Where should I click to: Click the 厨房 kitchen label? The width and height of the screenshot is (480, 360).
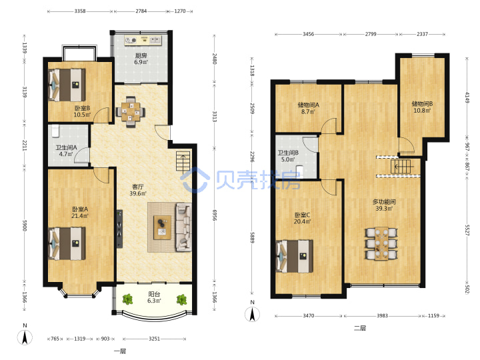tap(141, 56)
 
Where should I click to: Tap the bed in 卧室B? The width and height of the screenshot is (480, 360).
tap(67, 85)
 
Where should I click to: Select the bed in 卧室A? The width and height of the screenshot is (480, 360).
tap(67, 244)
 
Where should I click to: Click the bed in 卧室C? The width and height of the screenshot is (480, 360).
tap(295, 256)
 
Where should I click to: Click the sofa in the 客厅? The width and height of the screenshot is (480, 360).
tap(183, 227)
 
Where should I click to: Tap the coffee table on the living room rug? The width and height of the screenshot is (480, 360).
tap(162, 227)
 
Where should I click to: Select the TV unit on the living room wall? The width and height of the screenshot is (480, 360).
tap(119, 229)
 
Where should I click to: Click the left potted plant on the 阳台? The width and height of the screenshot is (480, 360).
tap(127, 299)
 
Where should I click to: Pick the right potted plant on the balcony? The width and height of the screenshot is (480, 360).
tap(181, 299)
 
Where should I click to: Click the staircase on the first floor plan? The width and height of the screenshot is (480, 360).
tap(183, 161)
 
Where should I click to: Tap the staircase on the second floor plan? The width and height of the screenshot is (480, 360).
tap(401, 167)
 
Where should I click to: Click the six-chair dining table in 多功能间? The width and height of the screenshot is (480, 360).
tap(381, 244)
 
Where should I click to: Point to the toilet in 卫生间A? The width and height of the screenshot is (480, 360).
tap(55, 131)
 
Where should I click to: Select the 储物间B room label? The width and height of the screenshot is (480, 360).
tap(422, 104)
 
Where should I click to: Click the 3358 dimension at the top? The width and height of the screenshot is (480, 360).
tap(80, 11)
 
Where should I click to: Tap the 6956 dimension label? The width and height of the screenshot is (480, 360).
tap(215, 215)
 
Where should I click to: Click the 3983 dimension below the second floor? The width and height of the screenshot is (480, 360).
tap(382, 315)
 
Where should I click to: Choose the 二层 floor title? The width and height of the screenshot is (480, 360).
tap(360, 328)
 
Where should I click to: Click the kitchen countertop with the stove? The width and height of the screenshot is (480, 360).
tap(143, 41)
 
